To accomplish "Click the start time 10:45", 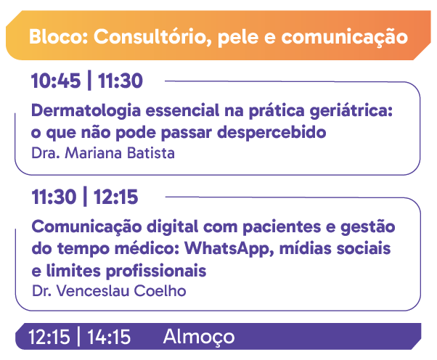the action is point(56,81).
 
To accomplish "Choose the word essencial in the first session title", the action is point(182,110).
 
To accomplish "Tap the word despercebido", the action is point(271,132).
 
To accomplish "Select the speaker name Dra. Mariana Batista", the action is point(103,153).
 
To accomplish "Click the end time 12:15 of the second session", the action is point(115,197).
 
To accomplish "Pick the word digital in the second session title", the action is point(173,227).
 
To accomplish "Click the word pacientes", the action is point(282,227).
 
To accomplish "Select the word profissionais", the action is point(156,271).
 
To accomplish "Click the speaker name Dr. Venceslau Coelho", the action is point(109,291).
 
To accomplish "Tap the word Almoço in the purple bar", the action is point(199,337).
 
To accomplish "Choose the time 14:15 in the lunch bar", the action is point(109,337).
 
